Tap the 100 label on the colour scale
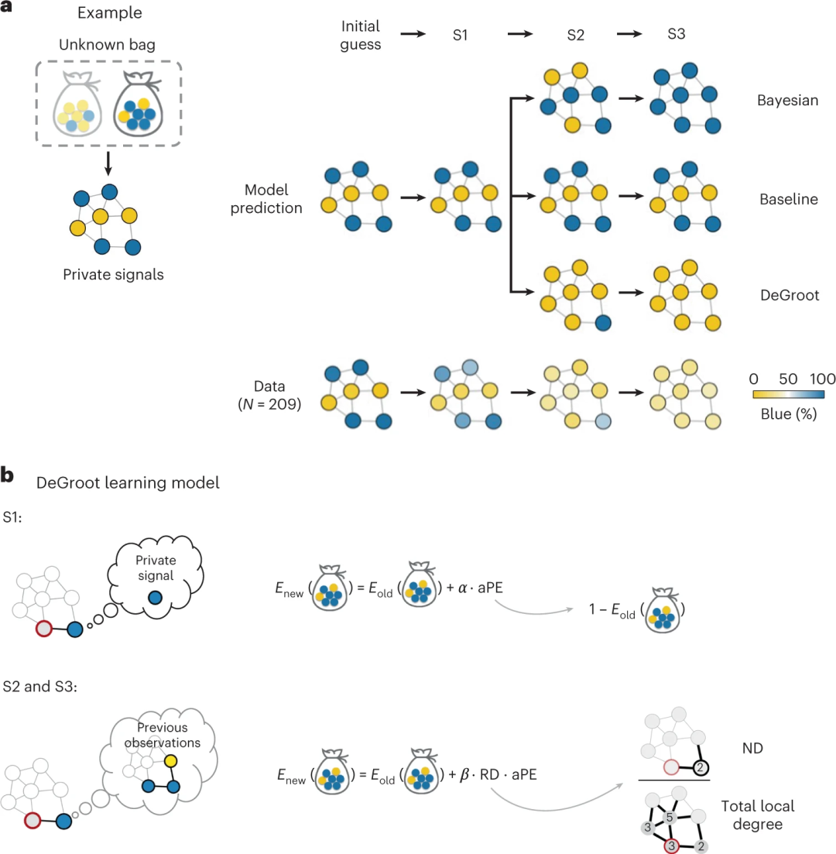pyautogui.click(x=822, y=378)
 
